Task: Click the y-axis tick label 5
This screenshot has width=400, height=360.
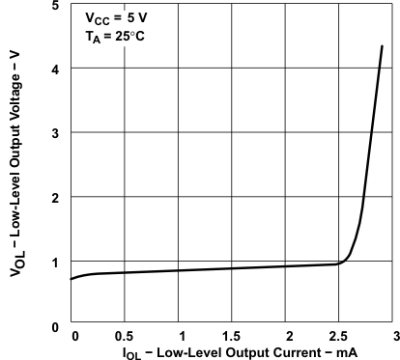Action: [55, 7]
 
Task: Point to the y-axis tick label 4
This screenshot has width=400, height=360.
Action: [55, 69]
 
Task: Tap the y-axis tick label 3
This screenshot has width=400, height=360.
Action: [55, 133]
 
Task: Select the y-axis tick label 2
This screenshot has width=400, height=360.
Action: [55, 197]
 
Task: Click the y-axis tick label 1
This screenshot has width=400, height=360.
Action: [55, 262]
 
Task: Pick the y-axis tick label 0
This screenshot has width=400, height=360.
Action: [55, 326]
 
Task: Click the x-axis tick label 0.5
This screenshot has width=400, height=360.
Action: [124, 337]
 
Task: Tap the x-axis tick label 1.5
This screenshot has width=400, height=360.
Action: [233, 337]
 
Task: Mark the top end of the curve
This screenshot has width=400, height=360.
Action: [383, 45]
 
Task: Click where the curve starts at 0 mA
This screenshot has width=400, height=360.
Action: [71, 279]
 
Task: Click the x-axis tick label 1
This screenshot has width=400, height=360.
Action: [179, 337]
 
